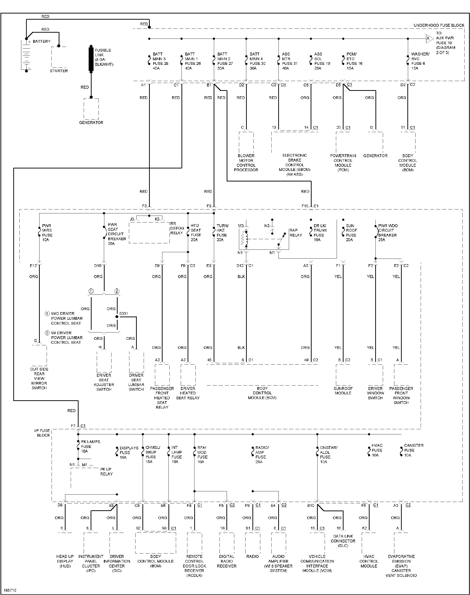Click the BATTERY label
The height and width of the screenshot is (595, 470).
click(x=41, y=41)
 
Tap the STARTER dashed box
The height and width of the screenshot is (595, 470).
click(x=59, y=57)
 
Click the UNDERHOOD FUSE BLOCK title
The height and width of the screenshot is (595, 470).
click(x=439, y=25)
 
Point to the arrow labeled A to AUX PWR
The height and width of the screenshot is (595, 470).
click(x=429, y=39)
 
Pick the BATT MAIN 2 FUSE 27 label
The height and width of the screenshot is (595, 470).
click(x=225, y=61)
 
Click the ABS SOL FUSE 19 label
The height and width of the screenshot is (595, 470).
click(x=322, y=61)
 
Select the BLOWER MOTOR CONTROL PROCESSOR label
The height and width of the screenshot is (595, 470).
click(x=246, y=163)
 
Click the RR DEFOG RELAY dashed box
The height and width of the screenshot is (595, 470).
click(x=149, y=233)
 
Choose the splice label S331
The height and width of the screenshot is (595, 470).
click(x=123, y=314)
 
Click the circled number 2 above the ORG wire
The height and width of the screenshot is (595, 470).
click(x=117, y=291)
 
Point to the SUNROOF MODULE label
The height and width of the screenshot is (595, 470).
click(x=343, y=390)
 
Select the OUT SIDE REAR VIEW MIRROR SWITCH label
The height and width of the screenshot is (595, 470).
click(x=39, y=378)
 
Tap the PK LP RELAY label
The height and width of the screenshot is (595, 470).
click(x=106, y=471)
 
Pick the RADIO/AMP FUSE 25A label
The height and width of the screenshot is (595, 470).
click(x=262, y=454)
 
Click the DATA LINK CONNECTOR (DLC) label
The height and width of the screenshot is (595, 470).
click(x=343, y=541)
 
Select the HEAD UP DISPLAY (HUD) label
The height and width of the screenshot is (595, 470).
click(x=65, y=561)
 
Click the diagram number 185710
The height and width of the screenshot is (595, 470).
click(x=10, y=590)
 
